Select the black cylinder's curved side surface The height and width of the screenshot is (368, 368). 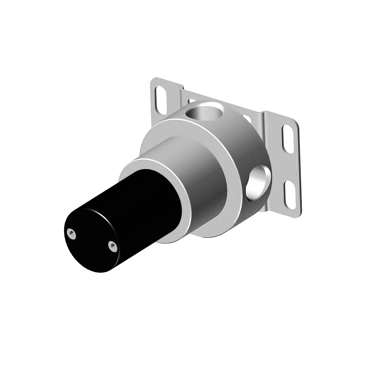pyautogui.click(x=140, y=206)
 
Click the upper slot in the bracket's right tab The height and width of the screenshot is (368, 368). pyautogui.click(x=289, y=139)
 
